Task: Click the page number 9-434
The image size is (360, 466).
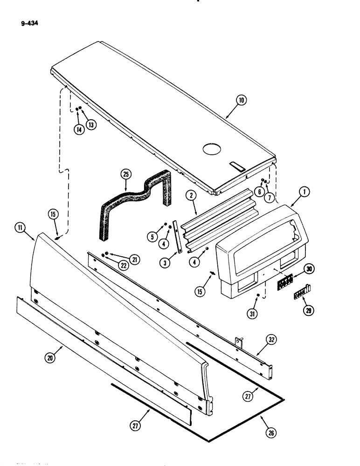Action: click(x=28, y=21)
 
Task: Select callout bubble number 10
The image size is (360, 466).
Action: click(x=241, y=100)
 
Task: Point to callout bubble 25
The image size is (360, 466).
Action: click(x=125, y=175)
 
